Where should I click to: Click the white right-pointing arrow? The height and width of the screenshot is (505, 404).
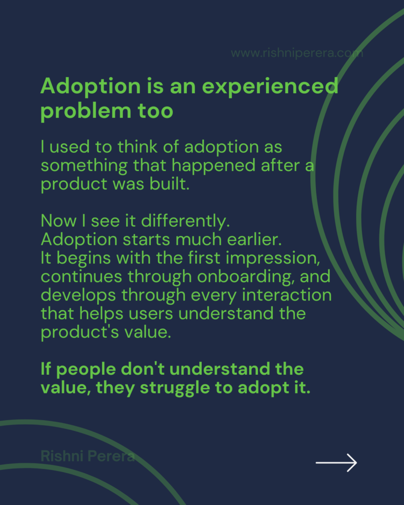click(x=336, y=463)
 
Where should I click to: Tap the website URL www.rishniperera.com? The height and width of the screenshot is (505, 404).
click(x=297, y=53)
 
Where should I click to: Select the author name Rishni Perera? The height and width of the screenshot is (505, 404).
click(x=88, y=456)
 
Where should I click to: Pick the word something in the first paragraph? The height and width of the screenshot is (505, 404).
click(x=84, y=166)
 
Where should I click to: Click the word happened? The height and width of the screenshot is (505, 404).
click(x=213, y=166)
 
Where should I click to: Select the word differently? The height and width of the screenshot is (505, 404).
click(x=185, y=221)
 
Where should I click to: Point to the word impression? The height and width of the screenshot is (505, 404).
click(x=273, y=258)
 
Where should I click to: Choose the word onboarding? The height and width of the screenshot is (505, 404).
click(x=246, y=277)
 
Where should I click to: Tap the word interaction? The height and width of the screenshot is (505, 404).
click(x=287, y=295)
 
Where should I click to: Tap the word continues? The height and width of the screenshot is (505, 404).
click(x=81, y=277)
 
